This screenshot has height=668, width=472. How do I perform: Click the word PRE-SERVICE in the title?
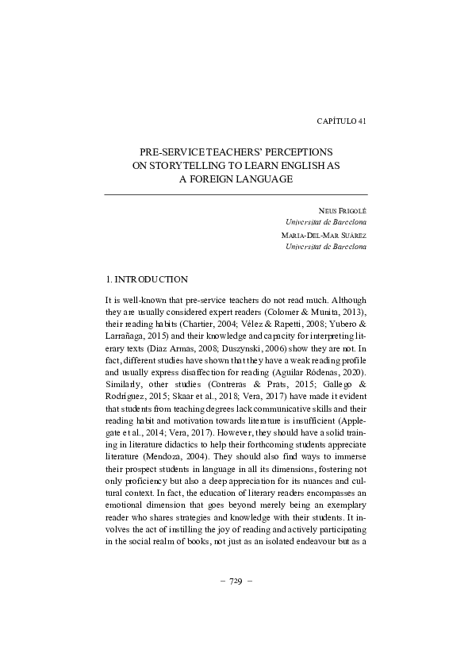tap(168, 151)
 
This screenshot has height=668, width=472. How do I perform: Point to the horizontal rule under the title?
tap(236, 194)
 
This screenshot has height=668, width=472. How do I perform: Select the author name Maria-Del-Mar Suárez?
tap(324, 236)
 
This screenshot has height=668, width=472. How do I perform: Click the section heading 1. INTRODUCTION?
tap(147, 279)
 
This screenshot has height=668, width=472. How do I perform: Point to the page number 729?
tap(236, 578)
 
